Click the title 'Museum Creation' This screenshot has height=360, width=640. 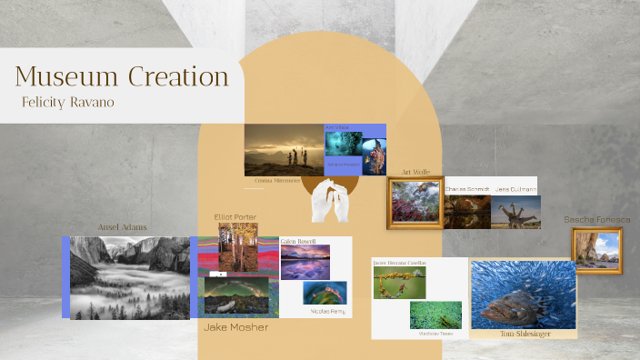121,75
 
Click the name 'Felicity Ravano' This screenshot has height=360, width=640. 68,102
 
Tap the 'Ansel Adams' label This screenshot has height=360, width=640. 123,227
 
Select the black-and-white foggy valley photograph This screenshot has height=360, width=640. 129,277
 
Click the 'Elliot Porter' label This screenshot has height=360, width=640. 235,217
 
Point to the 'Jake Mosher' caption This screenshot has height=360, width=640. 235,327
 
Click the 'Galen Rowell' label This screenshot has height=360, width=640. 299,240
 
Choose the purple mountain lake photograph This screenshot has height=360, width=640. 305,262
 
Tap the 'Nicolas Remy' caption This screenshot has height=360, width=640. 327,311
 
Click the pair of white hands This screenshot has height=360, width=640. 331,201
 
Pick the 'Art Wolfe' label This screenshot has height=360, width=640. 415,172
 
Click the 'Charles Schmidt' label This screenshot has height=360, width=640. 467,189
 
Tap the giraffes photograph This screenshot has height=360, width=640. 515,212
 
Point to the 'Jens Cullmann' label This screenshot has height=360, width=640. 515,189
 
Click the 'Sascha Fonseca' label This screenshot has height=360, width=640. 596,220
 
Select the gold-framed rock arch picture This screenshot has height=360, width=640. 596,249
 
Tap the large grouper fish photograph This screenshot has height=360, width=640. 523,295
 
